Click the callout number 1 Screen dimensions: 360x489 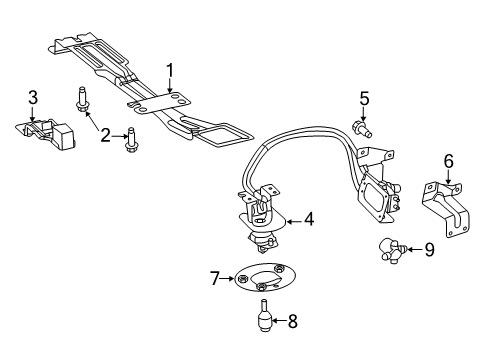170,70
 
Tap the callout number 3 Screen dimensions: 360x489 33,97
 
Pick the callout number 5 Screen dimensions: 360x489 365,98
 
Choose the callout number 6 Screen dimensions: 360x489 448,159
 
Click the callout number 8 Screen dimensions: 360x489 292,322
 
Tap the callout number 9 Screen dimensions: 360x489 429,249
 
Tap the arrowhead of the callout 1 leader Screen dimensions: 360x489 171,95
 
